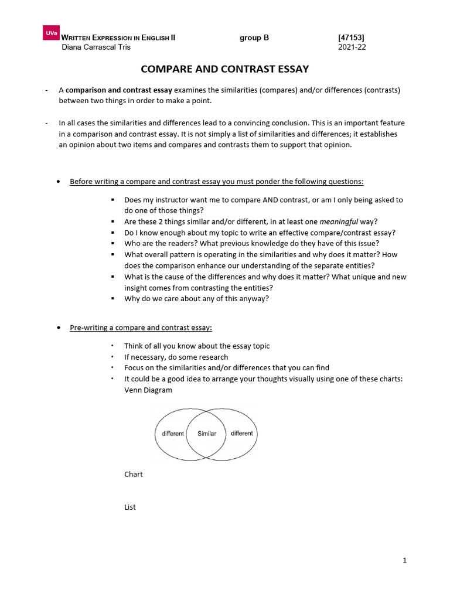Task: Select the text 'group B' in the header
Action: (x=254, y=38)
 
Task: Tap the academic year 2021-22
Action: (x=352, y=47)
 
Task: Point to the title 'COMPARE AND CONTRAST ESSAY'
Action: (x=225, y=69)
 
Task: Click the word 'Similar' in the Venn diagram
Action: (x=207, y=434)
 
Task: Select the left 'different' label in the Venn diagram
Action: (x=173, y=434)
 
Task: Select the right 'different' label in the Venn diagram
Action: (x=241, y=434)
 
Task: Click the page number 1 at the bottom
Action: (x=404, y=561)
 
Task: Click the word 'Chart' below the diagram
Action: (x=134, y=474)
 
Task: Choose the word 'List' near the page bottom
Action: (x=130, y=507)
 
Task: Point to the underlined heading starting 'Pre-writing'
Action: (x=141, y=328)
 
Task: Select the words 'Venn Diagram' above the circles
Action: (x=148, y=390)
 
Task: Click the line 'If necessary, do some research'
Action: (x=176, y=357)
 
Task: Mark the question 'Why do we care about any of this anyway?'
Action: (x=197, y=298)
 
